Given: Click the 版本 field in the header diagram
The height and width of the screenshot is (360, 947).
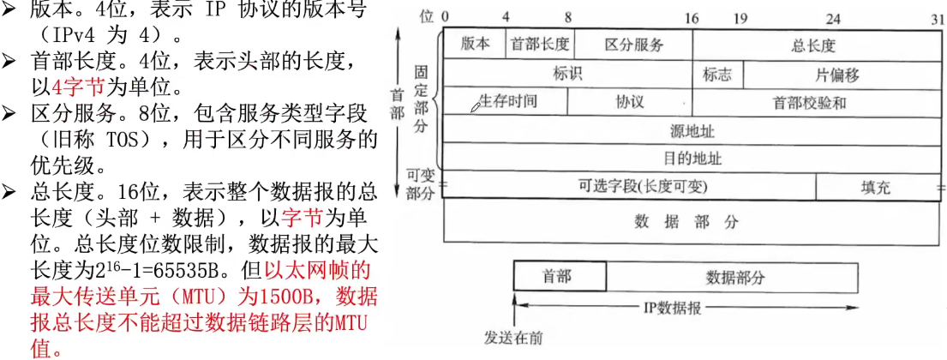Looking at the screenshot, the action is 476,45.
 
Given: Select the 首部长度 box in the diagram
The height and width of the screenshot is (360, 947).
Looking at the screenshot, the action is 541,45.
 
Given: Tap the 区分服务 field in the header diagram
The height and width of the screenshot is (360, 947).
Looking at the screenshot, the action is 633,45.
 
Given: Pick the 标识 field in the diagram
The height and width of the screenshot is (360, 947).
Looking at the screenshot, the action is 567,74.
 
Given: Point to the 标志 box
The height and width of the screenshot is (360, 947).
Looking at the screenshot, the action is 717,74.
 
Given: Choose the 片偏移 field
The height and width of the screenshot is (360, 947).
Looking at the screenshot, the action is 837,74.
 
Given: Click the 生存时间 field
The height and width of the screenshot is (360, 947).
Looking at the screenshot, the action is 507,101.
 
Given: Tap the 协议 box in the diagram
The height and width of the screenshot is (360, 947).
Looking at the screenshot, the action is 630,101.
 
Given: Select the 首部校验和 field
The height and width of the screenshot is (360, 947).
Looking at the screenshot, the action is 810,102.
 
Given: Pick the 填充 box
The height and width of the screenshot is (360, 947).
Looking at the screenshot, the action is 875,186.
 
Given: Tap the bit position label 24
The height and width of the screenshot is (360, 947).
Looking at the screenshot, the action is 832,17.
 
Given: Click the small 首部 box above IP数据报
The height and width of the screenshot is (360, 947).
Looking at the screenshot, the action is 559,276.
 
